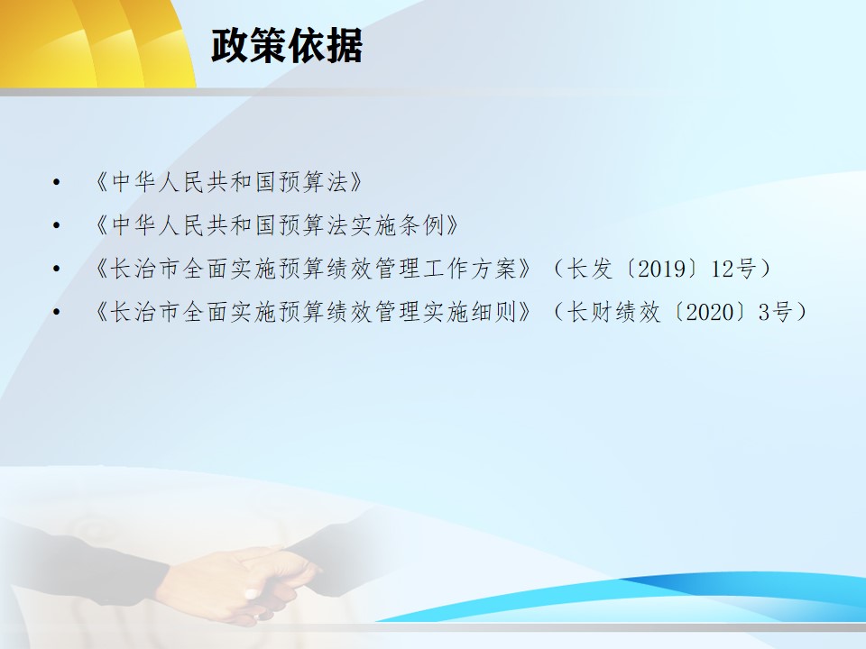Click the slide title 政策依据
pos(287,45)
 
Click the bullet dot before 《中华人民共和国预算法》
pos(56,181)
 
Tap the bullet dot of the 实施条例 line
pos(56,225)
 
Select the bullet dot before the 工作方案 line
pos(56,269)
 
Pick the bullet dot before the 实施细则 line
pos(56,312)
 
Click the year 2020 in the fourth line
pos(709,313)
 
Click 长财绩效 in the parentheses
pos(614,313)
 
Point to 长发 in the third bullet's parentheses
pos(590,269)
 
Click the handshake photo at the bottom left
pos(182,574)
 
